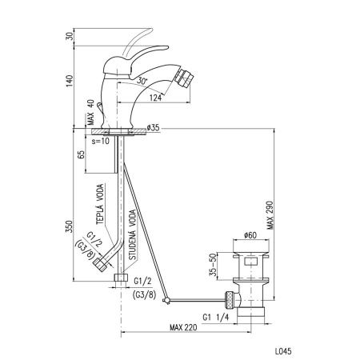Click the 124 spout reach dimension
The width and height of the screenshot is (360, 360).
tap(155, 98)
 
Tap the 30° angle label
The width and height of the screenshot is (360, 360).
tap(142, 81)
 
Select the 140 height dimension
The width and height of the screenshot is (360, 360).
tap(70, 82)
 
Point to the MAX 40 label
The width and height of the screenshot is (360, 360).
tap(90, 112)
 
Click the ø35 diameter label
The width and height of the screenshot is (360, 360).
tap(153, 128)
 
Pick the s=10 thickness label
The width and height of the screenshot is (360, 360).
tap(101, 141)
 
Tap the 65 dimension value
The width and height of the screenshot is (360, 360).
tap(81, 154)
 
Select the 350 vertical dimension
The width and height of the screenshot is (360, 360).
tap(69, 226)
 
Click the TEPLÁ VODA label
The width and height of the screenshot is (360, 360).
tap(100, 205)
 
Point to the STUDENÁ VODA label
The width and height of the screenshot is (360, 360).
tap(132, 234)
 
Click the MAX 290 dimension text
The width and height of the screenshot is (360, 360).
tap(270, 215)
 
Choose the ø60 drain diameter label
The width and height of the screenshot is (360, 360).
tap(250, 235)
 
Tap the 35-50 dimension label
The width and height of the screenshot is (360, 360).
tap(213, 266)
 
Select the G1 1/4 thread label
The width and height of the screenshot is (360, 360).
tap(216, 318)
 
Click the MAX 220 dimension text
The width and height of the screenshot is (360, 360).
tap(183, 327)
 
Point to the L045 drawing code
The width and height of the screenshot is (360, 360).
tap(283, 351)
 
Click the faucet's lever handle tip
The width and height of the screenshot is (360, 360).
tap(166, 47)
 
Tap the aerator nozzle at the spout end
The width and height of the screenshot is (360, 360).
tap(184, 78)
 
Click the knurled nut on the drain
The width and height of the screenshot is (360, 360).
tap(230, 301)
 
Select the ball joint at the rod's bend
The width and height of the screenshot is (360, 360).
tap(166, 301)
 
